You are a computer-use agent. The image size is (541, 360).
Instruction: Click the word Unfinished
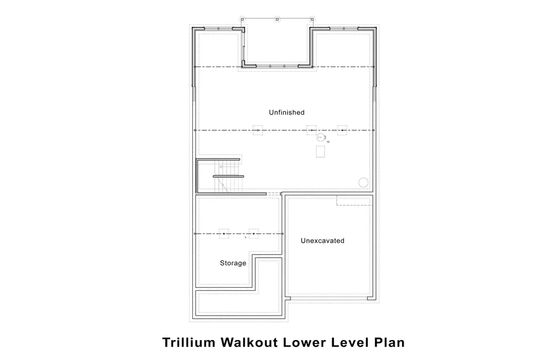[x=286, y=112]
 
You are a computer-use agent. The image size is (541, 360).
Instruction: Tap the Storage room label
[x=233, y=263]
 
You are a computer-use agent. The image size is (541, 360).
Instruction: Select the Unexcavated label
[x=322, y=241]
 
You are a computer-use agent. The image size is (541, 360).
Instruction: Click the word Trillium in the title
[x=189, y=343]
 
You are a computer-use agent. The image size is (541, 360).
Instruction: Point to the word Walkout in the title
[x=249, y=343]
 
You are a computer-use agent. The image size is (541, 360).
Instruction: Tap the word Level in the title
[x=350, y=343]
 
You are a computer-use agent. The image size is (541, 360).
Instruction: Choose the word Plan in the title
[x=389, y=343]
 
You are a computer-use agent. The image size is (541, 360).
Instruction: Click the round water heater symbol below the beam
[x=321, y=137]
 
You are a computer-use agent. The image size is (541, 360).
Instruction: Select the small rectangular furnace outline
[x=320, y=151]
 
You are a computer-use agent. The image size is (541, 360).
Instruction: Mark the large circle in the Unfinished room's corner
[x=363, y=183]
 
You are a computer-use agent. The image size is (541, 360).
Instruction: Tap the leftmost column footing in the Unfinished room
[x=258, y=130]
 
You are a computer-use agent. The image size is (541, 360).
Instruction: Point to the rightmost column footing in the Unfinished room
[x=342, y=130]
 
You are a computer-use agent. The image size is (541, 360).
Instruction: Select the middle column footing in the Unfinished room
[x=312, y=130]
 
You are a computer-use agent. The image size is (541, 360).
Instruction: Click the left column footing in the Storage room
[x=224, y=234]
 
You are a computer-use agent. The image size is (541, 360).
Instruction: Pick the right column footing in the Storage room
[x=254, y=234]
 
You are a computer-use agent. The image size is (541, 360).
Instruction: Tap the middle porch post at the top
[x=277, y=20]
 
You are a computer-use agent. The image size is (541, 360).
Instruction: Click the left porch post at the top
[x=242, y=20]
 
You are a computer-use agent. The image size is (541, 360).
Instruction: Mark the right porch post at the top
[x=312, y=20]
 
